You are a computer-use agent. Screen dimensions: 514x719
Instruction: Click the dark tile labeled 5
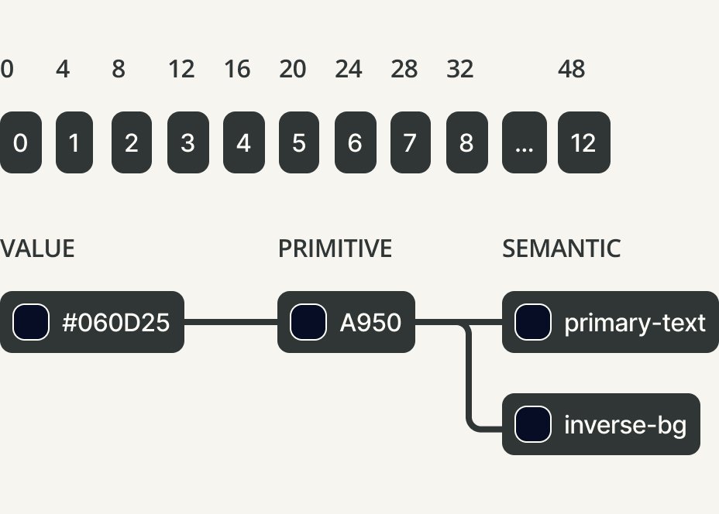pyautogui.click(x=299, y=142)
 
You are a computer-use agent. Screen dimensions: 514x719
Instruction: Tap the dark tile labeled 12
pyautogui.click(x=583, y=142)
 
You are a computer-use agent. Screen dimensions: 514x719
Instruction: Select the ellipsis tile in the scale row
pyautogui.click(x=524, y=142)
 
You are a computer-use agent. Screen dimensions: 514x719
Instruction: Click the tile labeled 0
pyautogui.click(x=20, y=142)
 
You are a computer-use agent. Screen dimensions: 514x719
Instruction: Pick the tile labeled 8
pyautogui.click(x=466, y=142)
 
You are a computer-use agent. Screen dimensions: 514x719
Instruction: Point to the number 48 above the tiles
pyautogui.click(x=571, y=70)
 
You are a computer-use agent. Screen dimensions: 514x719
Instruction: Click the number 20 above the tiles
pyautogui.click(x=292, y=70)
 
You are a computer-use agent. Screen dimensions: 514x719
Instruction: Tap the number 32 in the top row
pyautogui.click(x=459, y=70)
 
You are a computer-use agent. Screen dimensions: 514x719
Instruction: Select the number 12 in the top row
pyautogui.click(x=181, y=70)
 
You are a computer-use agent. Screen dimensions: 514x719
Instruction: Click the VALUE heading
pyautogui.click(x=37, y=248)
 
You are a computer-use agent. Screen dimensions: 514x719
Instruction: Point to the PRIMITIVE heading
pyautogui.click(x=335, y=248)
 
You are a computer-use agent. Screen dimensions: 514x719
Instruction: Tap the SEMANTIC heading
pyautogui.click(x=561, y=248)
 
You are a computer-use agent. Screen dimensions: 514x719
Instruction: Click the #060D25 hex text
pyautogui.click(x=115, y=322)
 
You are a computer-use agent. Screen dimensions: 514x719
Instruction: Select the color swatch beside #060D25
pyautogui.click(x=31, y=322)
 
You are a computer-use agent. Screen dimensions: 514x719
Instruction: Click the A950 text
pyautogui.click(x=370, y=322)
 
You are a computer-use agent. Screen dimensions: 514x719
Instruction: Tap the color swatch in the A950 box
pyautogui.click(x=308, y=322)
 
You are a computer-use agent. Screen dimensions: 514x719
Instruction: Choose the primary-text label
pyautogui.click(x=635, y=322)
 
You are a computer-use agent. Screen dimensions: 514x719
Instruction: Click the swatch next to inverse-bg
pyautogui.click(x=533, y=424)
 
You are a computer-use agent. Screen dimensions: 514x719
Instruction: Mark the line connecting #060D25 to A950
pyautogui.click(x=230, y=322)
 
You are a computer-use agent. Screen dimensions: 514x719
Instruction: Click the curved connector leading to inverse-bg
pyautogui.click(x=470, y=387)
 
